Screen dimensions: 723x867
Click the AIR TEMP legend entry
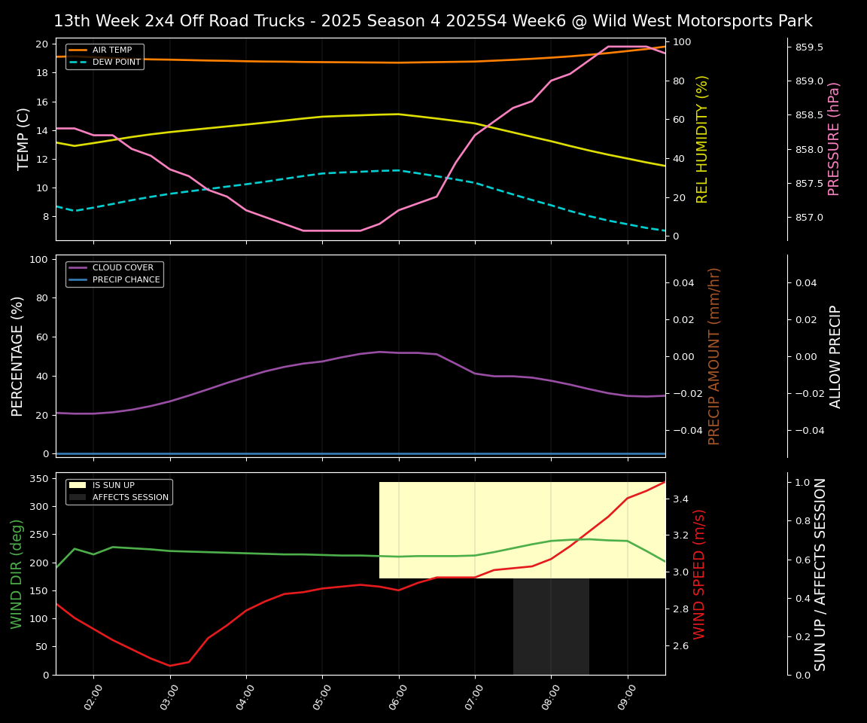pos(111,50)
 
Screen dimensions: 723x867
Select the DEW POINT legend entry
pos(116,63)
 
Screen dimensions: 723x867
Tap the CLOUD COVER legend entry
pos(123,267)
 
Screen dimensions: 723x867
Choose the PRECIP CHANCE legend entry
pos(126,280)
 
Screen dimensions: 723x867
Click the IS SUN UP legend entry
pos(113,486)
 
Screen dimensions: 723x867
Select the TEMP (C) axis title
pos(24,139)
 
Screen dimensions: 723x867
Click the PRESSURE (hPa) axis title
pos(834,139)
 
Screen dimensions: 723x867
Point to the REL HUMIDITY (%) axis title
pos(702,139)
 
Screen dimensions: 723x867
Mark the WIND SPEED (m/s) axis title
pos(699,574)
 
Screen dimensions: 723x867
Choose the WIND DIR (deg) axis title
pos(17,574)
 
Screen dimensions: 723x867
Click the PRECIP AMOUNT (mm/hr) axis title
pos(714,356)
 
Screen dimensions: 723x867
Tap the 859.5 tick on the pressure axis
pos(809,47)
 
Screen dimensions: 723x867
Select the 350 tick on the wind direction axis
pos(42,478)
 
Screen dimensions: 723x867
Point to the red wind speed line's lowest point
pos(169,665)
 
